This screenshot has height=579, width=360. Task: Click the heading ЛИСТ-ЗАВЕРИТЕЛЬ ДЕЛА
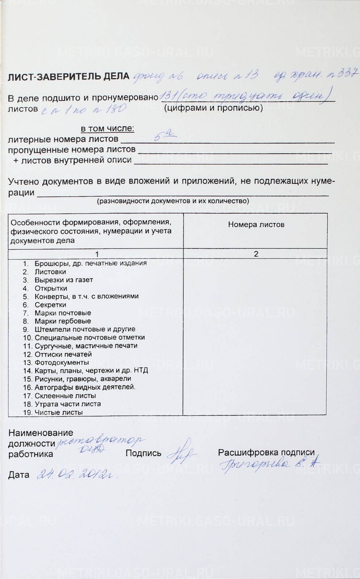pos(68,76)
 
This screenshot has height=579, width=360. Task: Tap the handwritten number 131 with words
pos(246,96)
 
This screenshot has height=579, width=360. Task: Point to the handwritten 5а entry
pos(165,136)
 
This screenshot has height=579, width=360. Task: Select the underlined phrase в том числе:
pos(107,128)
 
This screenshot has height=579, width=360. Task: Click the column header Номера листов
pos(256,224)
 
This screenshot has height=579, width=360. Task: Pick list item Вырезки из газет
pos(64,280)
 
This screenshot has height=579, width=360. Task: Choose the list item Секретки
pos(50,305)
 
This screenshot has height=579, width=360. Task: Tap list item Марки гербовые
pos(63,321)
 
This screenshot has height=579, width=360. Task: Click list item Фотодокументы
pos(62,362)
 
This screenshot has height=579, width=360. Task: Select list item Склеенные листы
pos(65,396)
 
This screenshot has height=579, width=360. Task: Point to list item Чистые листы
pos(59,412)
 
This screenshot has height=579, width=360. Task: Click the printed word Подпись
pos(143,453)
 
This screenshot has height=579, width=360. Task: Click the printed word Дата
pos(19,475)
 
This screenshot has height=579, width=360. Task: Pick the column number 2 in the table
pos(256,254)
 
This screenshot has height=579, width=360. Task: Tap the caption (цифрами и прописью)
pos(213,107)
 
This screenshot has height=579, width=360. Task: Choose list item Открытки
pos(51,288)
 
